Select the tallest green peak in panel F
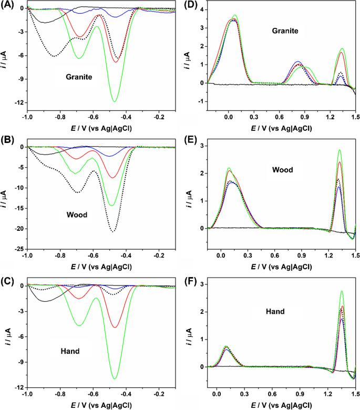pyautogui.click(x=342, y=291)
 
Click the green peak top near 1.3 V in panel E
pyautogui.click(x=340, y=150)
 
